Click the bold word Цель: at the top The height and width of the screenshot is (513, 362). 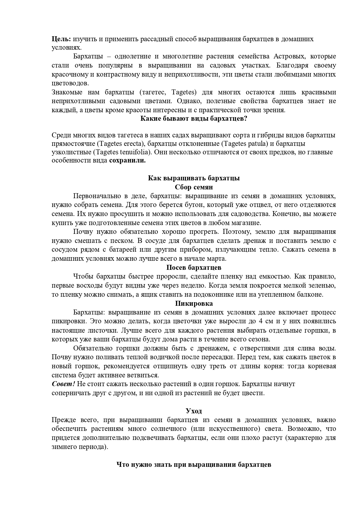click(61, 39)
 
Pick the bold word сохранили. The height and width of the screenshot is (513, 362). click(127, 161)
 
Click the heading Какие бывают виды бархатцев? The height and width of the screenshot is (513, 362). click(194, 119)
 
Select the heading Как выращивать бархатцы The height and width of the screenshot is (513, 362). click(194, 178)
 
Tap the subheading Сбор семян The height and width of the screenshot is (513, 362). click(194, 187)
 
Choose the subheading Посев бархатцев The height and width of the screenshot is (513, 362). click(194, 267)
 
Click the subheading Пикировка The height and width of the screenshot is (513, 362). click(194, 303)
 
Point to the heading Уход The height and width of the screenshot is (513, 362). click(194, 411)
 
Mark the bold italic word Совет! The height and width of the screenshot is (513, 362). click(63, 384)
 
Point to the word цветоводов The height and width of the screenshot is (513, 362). click(70, 83)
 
